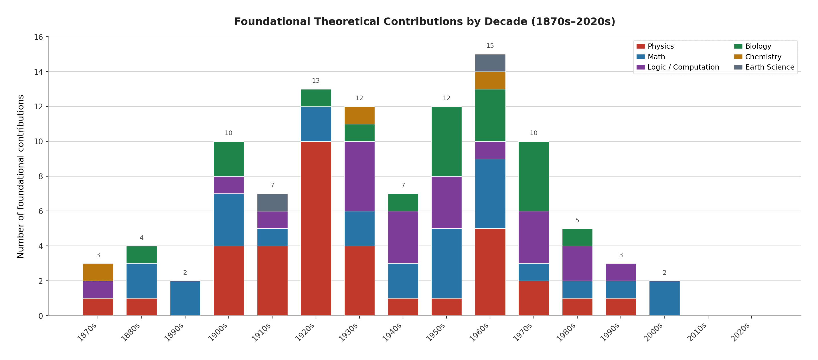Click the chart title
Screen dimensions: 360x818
click(424, 21)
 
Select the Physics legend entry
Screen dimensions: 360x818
click(660, 46)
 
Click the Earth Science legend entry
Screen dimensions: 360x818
click(769, 67)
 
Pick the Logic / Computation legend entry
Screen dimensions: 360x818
click(683, 67)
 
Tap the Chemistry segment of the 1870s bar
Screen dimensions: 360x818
click(98, 272)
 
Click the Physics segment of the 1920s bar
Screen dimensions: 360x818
click(316, 228)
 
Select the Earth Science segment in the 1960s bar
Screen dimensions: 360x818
click(490, 63)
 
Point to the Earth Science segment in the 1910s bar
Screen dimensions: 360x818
click(272, 202)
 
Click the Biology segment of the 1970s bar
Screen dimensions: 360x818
click(534, 176)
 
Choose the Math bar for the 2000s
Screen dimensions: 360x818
click(664, 298)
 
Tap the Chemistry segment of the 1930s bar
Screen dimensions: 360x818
click(359, 115)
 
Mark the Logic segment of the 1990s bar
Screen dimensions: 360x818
click(621, 272)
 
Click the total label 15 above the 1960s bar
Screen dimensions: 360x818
click(490, 46)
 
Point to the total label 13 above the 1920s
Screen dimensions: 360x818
click(316, 81)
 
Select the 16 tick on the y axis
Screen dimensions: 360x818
click(38, 37)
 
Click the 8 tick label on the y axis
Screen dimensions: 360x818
click(41, 177)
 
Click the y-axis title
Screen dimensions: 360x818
click(21, 176)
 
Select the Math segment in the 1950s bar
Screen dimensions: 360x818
click(446, 263)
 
